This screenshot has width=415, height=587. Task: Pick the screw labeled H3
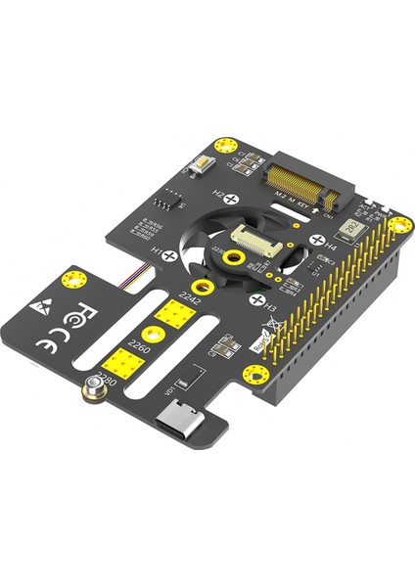[255, 300]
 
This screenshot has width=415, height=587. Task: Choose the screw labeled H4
[316, 239]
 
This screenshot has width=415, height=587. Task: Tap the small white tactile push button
[205, 167]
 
